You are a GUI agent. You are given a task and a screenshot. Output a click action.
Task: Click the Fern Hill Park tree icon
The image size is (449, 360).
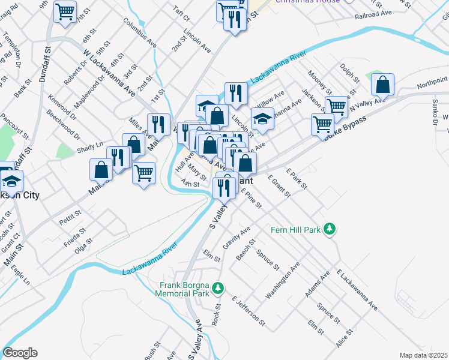tap(329, 229)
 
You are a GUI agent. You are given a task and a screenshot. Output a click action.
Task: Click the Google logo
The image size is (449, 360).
tap(20, 352)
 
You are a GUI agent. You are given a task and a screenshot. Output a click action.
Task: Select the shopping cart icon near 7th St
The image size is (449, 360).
tap(65, 11)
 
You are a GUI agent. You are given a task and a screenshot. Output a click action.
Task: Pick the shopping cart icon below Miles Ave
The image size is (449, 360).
tap(143, 173)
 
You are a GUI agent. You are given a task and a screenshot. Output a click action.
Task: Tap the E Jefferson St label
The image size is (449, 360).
tap(248, 310)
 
